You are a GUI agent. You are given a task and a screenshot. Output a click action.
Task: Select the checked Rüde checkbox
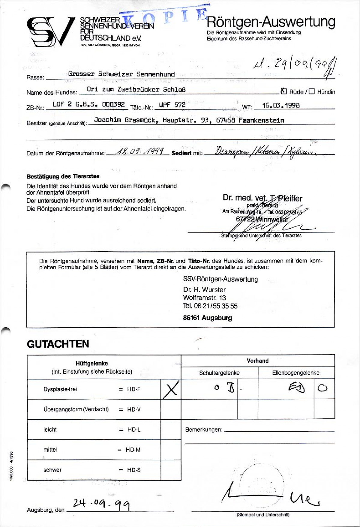[284, 91]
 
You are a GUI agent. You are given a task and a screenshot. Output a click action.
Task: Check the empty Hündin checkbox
[312, 91]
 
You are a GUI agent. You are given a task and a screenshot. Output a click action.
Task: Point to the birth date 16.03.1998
[281, 106]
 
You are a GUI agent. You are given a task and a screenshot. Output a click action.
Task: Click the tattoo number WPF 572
[172, 105]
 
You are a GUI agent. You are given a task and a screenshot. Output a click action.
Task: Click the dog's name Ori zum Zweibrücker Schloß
[136, 89]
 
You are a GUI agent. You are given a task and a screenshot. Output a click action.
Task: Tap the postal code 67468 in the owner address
[226, 120]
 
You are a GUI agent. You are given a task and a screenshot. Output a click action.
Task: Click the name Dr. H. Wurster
[204, 290]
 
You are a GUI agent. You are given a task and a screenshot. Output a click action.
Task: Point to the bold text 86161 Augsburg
[207, 318]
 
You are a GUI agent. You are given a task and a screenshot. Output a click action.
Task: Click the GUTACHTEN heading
[58, 344]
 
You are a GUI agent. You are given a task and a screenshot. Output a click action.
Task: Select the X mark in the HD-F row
[171, 389]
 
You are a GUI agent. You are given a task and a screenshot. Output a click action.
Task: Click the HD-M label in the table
[133, 450]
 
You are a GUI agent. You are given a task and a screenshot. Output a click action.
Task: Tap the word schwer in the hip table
[52, 470]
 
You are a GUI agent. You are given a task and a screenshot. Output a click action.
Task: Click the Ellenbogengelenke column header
[295, 373]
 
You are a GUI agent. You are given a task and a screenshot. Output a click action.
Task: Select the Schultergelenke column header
[219, 373]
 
